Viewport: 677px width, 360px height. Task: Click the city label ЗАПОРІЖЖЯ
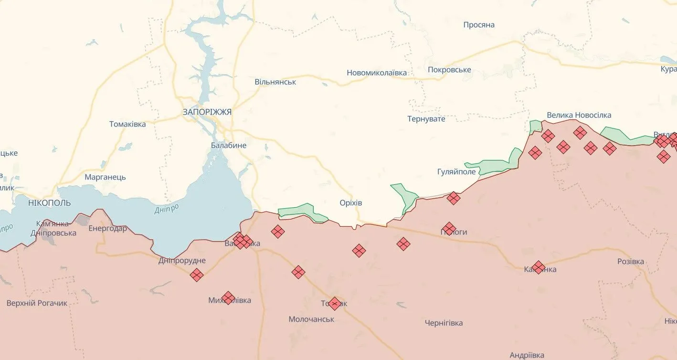pos(207,112)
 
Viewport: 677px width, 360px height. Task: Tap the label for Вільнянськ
pos(275,82)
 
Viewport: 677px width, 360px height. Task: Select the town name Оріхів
pos(350,203)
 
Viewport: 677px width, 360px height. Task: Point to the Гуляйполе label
pos(456,172)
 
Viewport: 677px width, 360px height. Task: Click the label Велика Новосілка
pos(579,115)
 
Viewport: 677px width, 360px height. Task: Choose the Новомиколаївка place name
pos(377,73)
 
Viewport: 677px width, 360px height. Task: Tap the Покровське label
pos(449,70)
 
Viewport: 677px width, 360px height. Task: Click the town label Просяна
pos(479,25)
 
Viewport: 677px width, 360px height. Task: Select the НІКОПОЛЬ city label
pos(49,203)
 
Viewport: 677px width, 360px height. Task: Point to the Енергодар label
pos(108,228)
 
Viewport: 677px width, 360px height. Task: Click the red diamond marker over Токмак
pos(335,304)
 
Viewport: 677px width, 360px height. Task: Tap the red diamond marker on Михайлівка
pos(228,298)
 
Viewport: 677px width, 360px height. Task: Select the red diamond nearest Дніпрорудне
pos(196,275)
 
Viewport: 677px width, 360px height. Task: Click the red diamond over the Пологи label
pos(449,229)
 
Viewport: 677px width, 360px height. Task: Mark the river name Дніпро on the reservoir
pos(167,209)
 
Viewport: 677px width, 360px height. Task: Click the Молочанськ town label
pos(311,319)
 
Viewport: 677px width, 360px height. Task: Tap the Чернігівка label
pos(444,323)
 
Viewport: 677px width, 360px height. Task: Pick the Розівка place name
pos(630,262)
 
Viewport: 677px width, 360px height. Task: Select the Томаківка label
pos(127,124)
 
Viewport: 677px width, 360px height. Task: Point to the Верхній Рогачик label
pos(37,303)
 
